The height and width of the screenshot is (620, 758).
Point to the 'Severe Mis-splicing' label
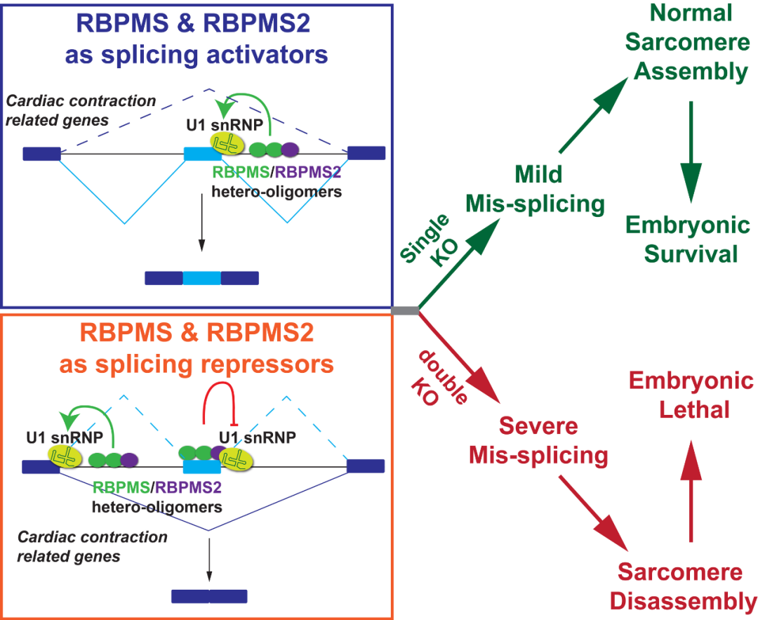pyautogui.click(x=538, y=441)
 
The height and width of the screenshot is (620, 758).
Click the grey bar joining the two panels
pyautogui.click(x=405, y=310)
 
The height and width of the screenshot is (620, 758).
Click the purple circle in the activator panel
pyautogui.click(x=289, y=149)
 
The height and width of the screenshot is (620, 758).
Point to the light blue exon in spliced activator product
pyautogui.click(x=201, y=278)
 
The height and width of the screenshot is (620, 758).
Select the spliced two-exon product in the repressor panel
pyautogui.click(x=209, y=596)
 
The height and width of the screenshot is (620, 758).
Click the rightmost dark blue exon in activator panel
pyautogui.click(x=366, y=153)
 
